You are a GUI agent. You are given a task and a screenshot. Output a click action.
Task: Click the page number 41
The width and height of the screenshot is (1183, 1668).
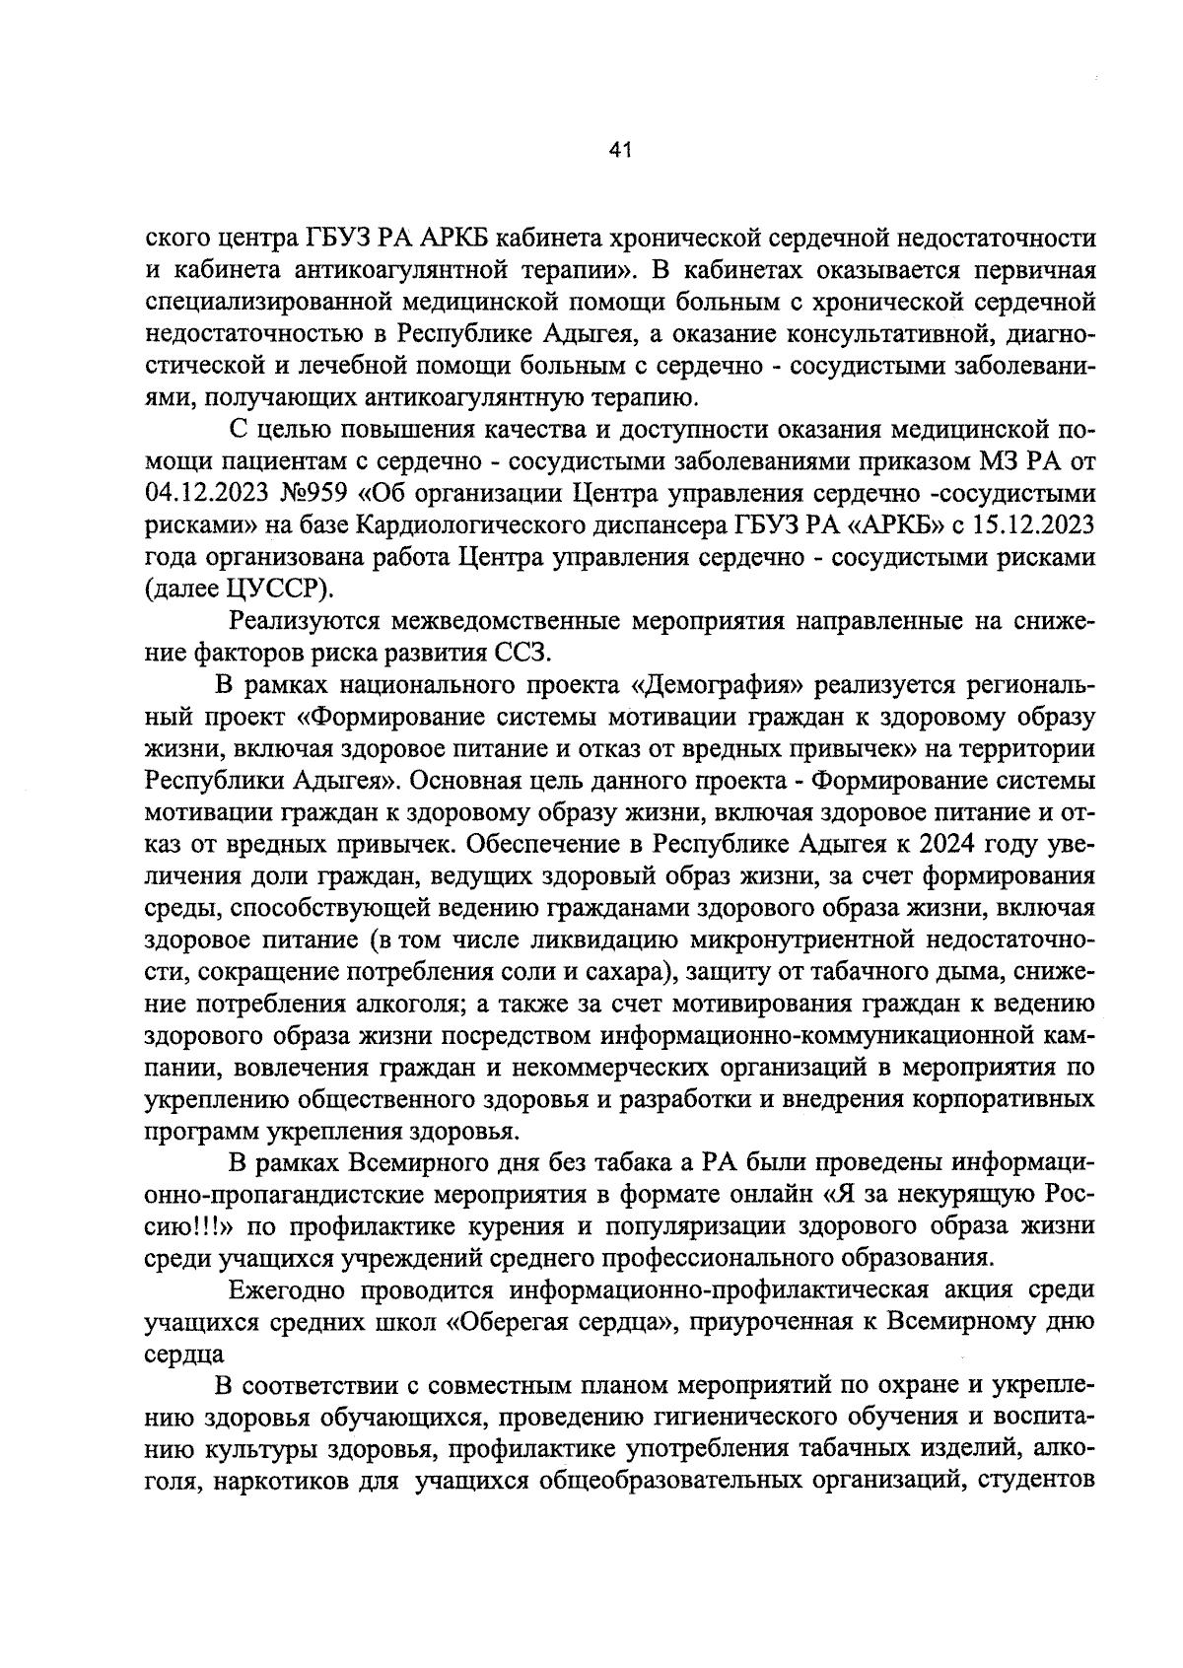click(620, 150)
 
